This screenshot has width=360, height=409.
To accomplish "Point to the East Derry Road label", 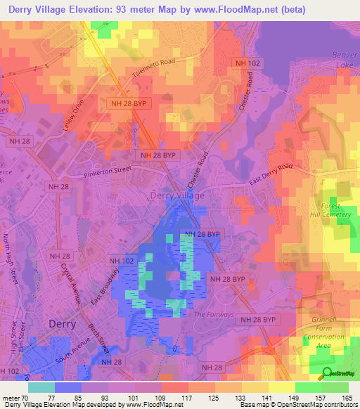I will pyautogui.click(x=271, y=176).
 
